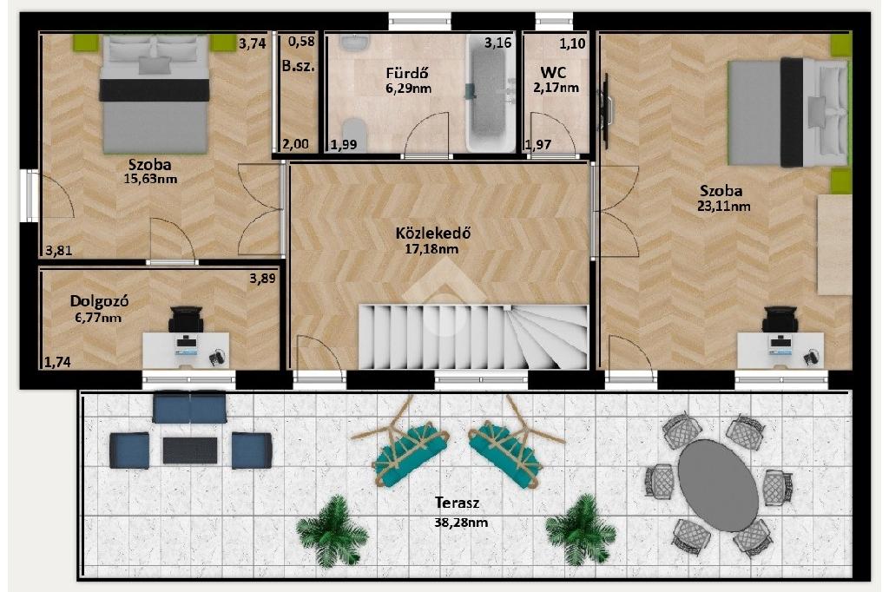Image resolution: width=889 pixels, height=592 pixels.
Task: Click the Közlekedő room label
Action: click(x=433, y=233)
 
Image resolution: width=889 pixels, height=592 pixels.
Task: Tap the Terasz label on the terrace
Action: click(x=458, y=503)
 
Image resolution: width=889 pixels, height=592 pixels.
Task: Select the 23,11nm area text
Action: click(x=723, y=206)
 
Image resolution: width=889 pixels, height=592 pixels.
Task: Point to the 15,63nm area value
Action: click(x=150, y=179)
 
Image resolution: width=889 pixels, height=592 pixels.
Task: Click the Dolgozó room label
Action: click(x=99, y=301)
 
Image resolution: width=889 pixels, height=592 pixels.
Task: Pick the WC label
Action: click(x=553, y=73)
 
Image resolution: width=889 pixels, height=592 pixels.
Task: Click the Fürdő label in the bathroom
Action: click(x=406, y=73)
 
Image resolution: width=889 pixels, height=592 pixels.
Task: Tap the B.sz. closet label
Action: click(x=299, y=66)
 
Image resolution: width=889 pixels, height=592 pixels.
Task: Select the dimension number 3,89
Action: click(x=262, y=279)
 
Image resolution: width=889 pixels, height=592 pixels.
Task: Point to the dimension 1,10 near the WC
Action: click(x=572, y=43)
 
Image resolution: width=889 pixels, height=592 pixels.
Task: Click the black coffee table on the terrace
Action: click(x=190, y=451)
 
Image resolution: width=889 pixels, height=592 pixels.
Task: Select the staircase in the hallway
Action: click(x=473, y=337)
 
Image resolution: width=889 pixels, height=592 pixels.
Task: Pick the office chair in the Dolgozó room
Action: click(x=186, y=319)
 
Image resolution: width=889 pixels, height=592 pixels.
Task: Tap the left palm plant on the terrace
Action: click(x=332, y=531)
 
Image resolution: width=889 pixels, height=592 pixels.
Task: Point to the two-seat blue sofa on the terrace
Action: click(x=189, y=406)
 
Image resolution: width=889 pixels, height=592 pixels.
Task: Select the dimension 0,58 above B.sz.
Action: click(x=301, y=42)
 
